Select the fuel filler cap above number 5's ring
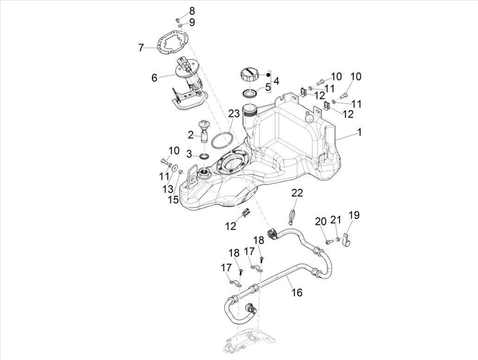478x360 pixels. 249,75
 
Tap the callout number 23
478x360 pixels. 234,113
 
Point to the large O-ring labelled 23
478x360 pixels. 222,140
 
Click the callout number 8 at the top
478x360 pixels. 179,11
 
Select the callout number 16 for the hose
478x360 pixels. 297,292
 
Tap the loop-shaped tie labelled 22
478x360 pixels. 294,215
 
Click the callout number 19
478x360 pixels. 354,215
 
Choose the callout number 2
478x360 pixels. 191,135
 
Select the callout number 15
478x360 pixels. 173,199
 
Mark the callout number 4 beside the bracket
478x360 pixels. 276,81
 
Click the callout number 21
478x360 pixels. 335,221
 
